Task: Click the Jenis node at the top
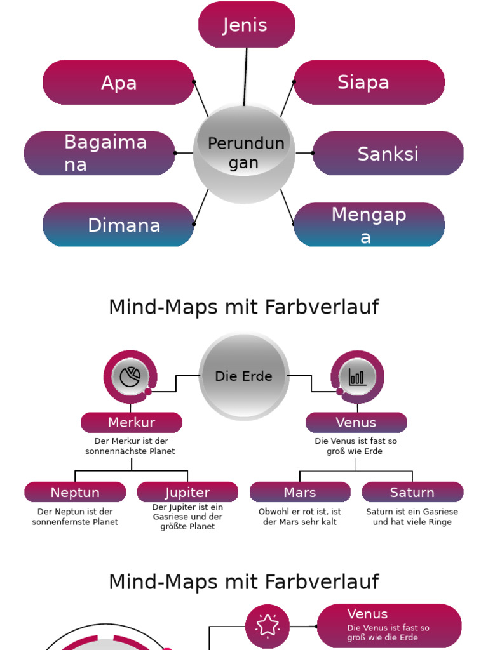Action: coord(247,25)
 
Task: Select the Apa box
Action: coord(118,83)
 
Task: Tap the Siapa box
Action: coord(369,83)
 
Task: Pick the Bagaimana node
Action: coord(99,153)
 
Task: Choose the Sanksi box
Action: coord(388,154)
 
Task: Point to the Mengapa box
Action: coord(369,225)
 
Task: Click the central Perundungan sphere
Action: coord(244,153)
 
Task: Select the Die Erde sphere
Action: coord(244,376)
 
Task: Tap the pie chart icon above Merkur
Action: coord(130,376)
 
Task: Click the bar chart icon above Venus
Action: coord(357,377)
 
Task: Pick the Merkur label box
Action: coord(132,422)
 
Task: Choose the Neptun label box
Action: coord(75,492)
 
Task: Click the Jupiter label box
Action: coord(187,492)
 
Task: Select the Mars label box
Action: coord(300,492)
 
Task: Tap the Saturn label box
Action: coord(412,492)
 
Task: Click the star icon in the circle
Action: coord(268,626)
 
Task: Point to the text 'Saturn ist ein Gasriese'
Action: coord(412,512)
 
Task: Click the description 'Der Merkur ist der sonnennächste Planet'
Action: coord(130,446)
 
